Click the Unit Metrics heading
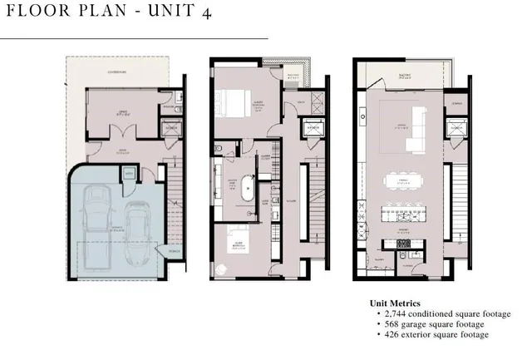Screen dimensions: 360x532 395,303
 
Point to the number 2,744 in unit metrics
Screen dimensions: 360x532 394,313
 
